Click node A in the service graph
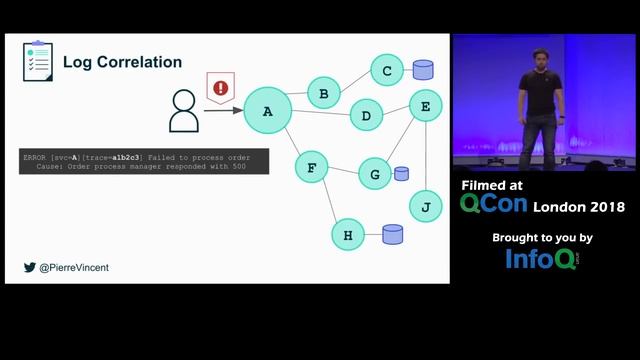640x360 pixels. (x=267, y=111)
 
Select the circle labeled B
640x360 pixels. (x=323, y=94)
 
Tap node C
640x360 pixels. (x=387, y=70)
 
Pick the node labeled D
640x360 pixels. (x=366, y=116)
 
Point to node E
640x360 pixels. (x=426, y=105)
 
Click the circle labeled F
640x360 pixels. (x=311, y=167)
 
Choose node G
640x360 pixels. (x=375, y=174)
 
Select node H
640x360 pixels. (x=348, y=235)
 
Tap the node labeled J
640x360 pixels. (x=426, y=206)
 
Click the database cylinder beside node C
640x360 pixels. (x=423, y=70)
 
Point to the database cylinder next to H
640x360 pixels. (x=393, y=235)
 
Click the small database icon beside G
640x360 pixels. (x=401, y=173)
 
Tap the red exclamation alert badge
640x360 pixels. (x=220, y=88)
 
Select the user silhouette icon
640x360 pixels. (x=184, y=112)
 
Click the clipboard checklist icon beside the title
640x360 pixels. (x=38, y=61)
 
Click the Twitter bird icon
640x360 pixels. (x=29, y=267)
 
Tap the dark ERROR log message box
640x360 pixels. (x=144, y=162)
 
